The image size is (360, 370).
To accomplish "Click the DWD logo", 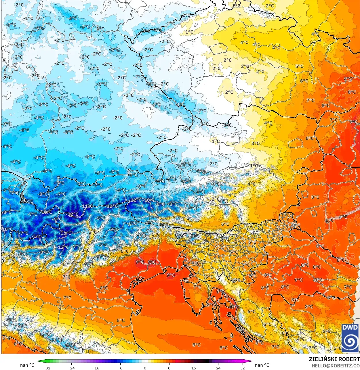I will click(350, 338).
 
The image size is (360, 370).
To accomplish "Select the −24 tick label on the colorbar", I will click(71, 368).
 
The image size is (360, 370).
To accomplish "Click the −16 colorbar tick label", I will click(96, 368).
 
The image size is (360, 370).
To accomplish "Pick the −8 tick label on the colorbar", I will click(120, 368).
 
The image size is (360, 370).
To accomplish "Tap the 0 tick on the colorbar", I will click(145, 368).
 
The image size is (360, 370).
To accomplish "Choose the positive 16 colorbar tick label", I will click(194, 368).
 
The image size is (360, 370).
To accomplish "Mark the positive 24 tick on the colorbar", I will click(218, 368).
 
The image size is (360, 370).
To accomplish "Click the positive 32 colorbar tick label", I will click(243, 368).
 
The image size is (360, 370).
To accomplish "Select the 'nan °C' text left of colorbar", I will click(27, 365).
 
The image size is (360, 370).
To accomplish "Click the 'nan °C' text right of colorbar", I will click(262, 365).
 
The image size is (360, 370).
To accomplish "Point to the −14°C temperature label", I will click(38, 236).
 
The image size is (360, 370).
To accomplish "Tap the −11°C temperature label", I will click(87, 206).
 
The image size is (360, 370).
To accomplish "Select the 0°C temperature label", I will click(178, 235).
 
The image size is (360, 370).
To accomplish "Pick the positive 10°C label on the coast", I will click(235, 306).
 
